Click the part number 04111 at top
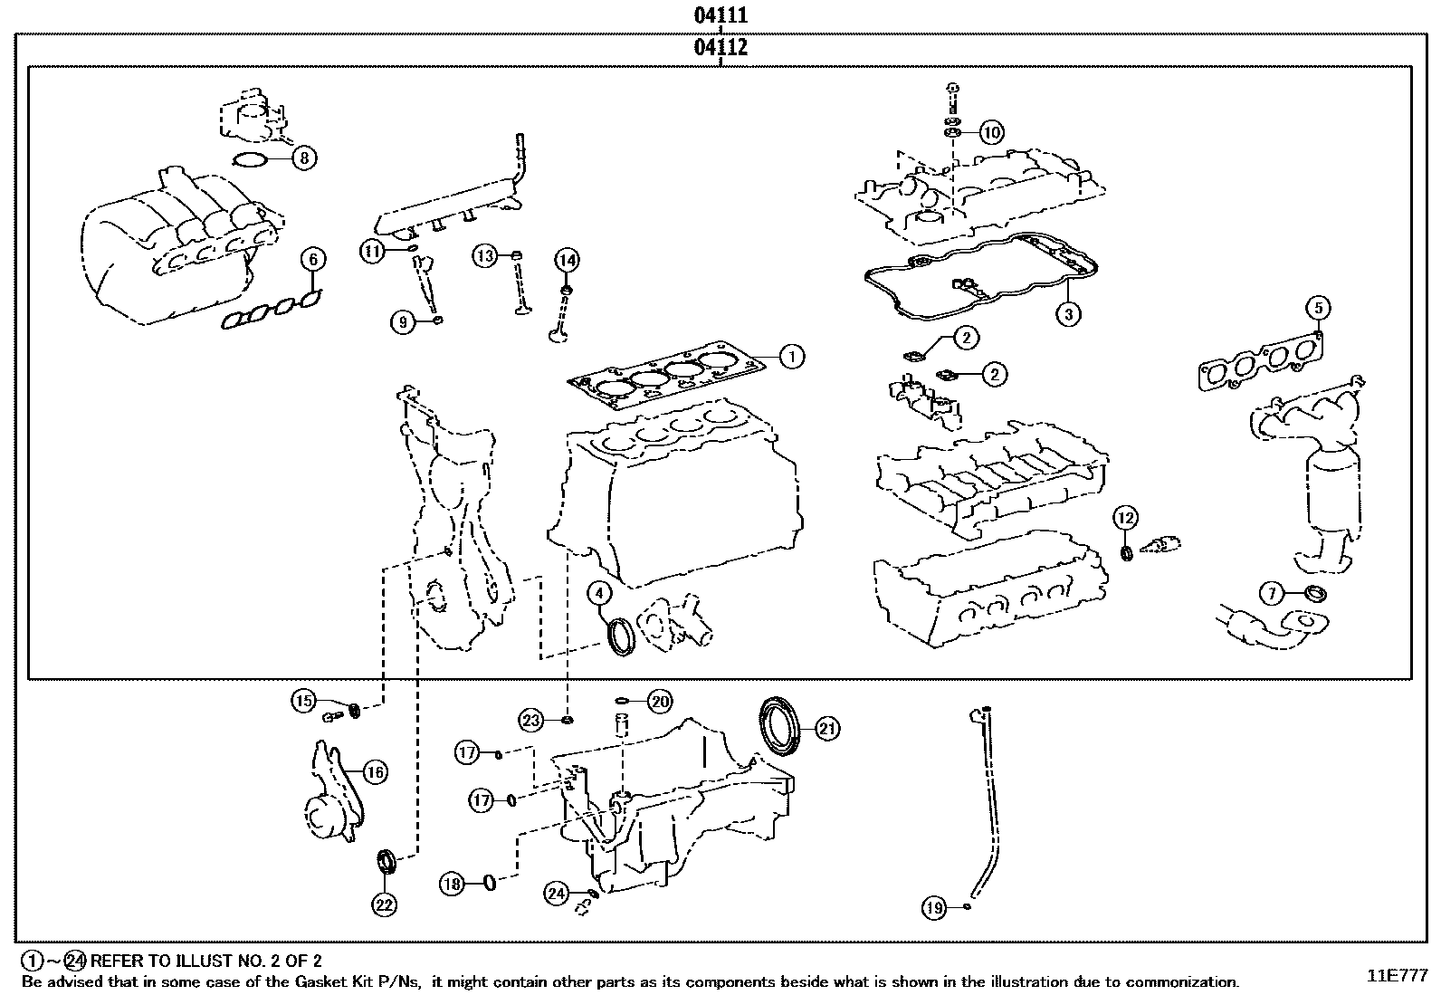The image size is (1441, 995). point(720,15)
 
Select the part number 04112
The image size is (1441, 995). point(720,48)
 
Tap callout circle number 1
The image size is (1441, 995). point(791,357)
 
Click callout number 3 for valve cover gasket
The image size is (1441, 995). point(1068,314)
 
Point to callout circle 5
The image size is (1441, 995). point(1318,308)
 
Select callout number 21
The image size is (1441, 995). point(827,728)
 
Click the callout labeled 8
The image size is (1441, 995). point(304,158)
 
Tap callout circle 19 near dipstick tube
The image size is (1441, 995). point(935,906)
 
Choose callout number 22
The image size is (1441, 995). point(386,903)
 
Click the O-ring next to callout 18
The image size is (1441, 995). point(490,882)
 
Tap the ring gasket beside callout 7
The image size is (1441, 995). point(1317,594)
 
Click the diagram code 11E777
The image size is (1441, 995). point(1397,975)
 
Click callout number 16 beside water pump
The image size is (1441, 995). point(375,771)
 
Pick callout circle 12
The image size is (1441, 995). point(1125,519)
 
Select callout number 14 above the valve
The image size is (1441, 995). point(566,261)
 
